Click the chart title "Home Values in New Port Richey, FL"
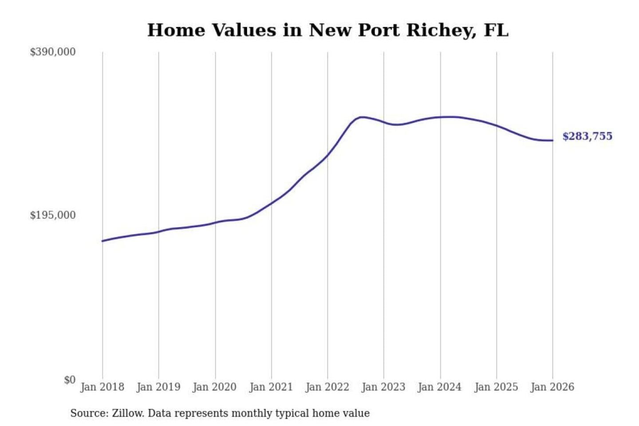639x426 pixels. [x=327, y=30]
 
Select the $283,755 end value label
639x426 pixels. [x=587, y=136]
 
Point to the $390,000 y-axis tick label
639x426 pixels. [x=53, y=52]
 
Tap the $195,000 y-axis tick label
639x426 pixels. [x=53, y=215]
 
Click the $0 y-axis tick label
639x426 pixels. [x=70, y=380]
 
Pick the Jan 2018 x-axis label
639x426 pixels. [x=102, y=387]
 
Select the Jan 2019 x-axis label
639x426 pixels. [x=158, y=387]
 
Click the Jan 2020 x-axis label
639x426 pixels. [x=215, y=387]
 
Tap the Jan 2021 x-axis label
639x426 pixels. [x=271, y=387]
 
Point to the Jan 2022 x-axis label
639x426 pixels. [x=327, y=387]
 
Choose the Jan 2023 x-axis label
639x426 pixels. [x=383, y=387]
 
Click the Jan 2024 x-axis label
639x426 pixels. [x=440, y=387]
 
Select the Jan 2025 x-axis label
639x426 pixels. [x=496, y=387]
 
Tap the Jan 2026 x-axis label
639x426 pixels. [x=552, y=387]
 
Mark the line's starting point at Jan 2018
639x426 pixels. [x=103, y=241]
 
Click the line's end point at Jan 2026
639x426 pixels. [x=552, y=141]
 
